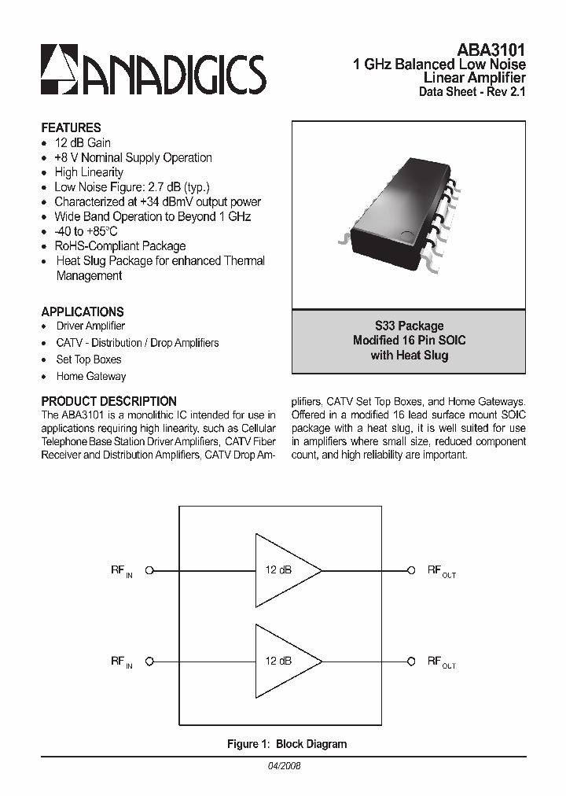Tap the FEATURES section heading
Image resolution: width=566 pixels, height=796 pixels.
pyautogui.click(x=71, y=127)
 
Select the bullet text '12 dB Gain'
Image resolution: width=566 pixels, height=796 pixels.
pyautogui.click(x=83, y=143)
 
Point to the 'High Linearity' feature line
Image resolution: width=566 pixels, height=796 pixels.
pyautogui.click(x=89, y=172)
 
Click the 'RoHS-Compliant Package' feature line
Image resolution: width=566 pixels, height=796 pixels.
pyautogui.click(x=119, y=246)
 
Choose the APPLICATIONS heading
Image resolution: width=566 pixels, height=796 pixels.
pyautogui.click(x=83, y=311)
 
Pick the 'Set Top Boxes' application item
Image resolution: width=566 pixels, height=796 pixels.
pyautogui.click(x=89, y=359)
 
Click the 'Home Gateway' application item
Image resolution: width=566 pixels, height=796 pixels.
pyautogui.click(x=91, y=377)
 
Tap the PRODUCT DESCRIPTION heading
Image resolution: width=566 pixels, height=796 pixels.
pyautogui.click(x=108, y=401)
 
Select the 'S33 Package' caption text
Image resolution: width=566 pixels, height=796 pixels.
pyautogui.click(x=409, y=326)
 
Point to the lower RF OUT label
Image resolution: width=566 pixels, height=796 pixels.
pyautogui.click(x=441, y=662)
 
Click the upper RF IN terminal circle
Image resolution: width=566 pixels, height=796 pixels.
pyautogui.click(x=149, y=570)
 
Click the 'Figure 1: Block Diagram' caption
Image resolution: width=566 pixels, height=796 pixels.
pyautogui.click(x=286, y=744)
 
